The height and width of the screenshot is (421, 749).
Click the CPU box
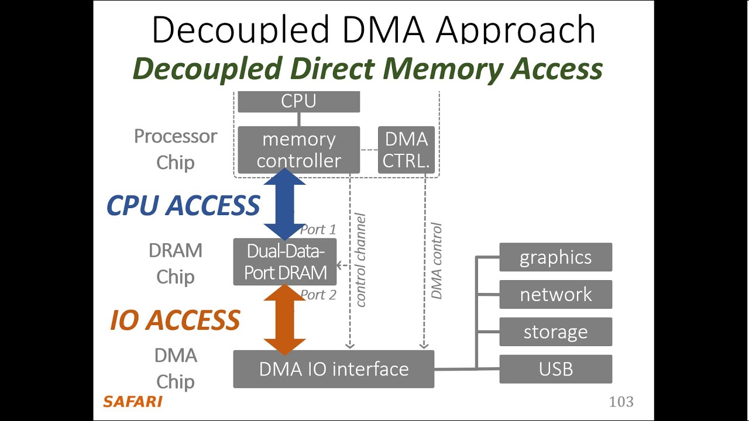pos(298,102)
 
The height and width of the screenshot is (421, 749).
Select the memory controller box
pos(298,150)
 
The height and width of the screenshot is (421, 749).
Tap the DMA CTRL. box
pos(406,150)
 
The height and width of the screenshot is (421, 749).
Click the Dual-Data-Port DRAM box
pos(285,262)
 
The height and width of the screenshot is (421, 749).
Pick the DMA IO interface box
pos(334,369)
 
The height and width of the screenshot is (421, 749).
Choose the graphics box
pos(555,257)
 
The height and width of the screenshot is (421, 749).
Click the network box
pos(555,295)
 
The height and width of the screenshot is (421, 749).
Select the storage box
pos(555,332)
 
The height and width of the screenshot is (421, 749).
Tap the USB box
pos(555,370)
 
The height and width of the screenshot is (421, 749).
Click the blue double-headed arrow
pos(285,205)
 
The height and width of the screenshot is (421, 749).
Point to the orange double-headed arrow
pos(285,320)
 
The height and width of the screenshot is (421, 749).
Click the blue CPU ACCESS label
pos(183,205)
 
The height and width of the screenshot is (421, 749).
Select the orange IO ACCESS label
pos(175,320)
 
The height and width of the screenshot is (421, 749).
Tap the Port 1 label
pos(318,230)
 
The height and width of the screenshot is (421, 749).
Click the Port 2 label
pos(318,295)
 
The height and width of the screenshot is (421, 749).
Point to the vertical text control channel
pos(360,260)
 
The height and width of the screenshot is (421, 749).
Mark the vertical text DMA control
pos(436,261)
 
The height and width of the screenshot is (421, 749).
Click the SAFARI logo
pos(132,402)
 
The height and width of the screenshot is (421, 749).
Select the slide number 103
pos(621,402)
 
